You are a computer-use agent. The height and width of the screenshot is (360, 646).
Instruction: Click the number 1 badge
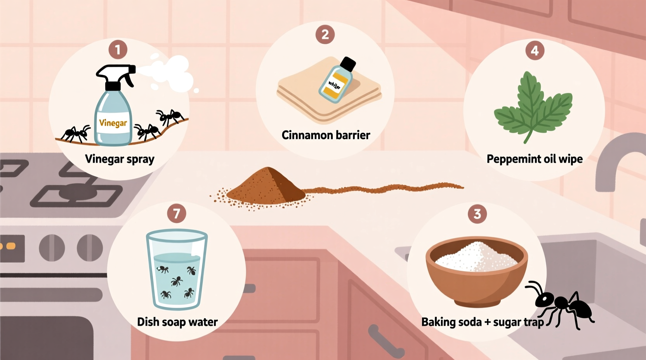pos(118,50)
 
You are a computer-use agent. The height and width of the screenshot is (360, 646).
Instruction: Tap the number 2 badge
pos(325,35)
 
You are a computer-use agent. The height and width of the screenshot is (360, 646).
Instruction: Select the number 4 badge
pos(535,50)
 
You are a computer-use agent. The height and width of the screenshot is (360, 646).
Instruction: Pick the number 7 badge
pos(177,213)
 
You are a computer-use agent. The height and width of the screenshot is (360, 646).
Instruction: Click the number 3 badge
pos(478,214)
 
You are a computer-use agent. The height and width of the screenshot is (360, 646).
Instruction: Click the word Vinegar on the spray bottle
pos(113,123)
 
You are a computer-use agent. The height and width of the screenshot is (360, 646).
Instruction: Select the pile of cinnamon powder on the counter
pos(267,186)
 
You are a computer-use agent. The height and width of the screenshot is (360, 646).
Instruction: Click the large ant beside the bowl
pos(563,305)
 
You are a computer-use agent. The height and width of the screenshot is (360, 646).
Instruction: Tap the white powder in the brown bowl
pos(477,256)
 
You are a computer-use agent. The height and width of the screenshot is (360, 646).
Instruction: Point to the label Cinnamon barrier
pos(326,135)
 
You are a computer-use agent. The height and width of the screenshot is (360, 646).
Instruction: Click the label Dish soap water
pos(177,322)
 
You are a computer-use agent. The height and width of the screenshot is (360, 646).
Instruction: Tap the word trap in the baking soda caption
pos(533,322)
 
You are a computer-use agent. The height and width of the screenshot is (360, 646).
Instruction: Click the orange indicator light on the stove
pos(11,246)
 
